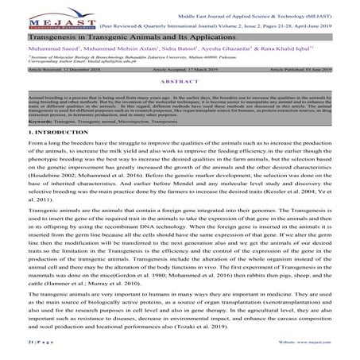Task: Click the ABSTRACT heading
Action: pos(180,82)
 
